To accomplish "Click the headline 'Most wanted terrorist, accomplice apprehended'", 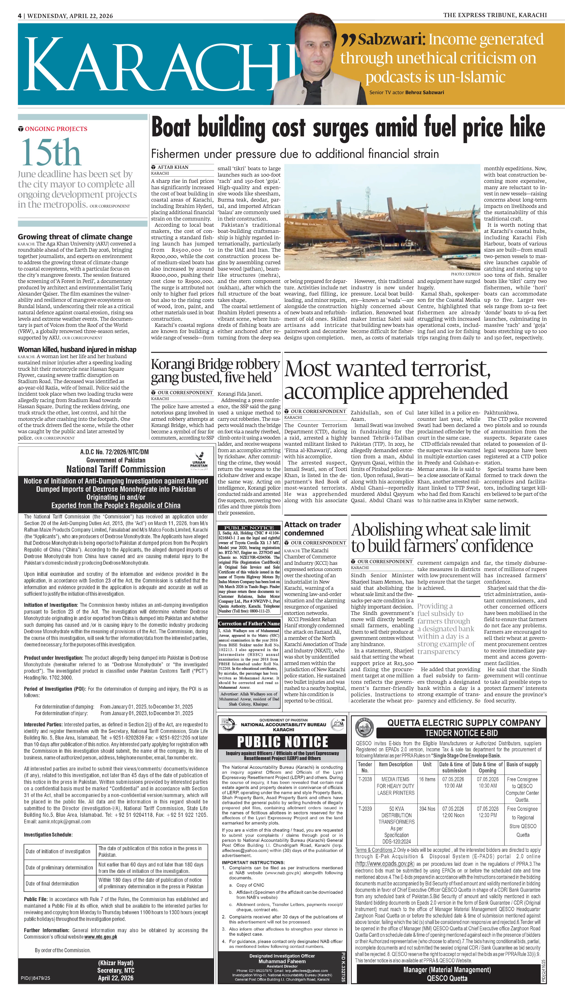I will [x=396, y=380].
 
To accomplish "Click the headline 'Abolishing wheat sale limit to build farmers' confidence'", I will [x=442, y=538].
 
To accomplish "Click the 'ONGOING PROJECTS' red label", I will [x=56, y=129].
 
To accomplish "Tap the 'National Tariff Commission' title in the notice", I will [x=116, y=469].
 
